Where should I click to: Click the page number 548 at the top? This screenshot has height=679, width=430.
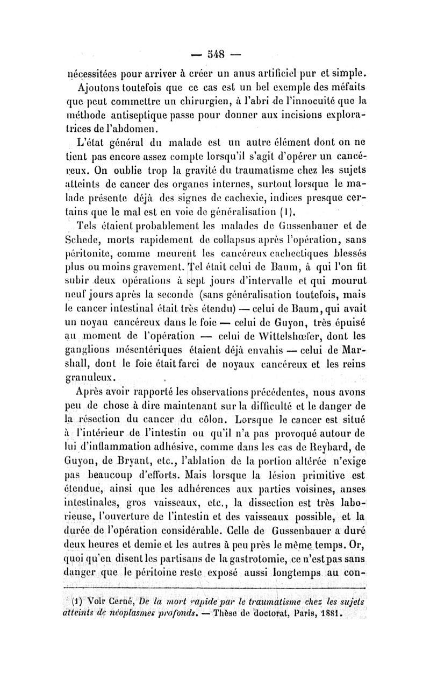tap(215, 54)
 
